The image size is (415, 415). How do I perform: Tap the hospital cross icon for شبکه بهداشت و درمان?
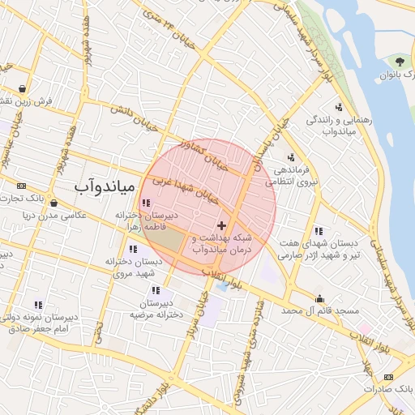222,224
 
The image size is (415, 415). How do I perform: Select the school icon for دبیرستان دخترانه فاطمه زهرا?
145,203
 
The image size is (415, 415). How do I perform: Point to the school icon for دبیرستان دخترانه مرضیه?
156,289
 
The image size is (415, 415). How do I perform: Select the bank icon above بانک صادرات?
388,376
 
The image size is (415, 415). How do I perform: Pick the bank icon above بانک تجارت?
21,186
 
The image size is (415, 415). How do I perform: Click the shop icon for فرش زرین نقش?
21,89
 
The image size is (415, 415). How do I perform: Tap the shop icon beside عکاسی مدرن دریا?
53,203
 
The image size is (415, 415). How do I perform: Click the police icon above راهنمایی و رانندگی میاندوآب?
338,107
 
